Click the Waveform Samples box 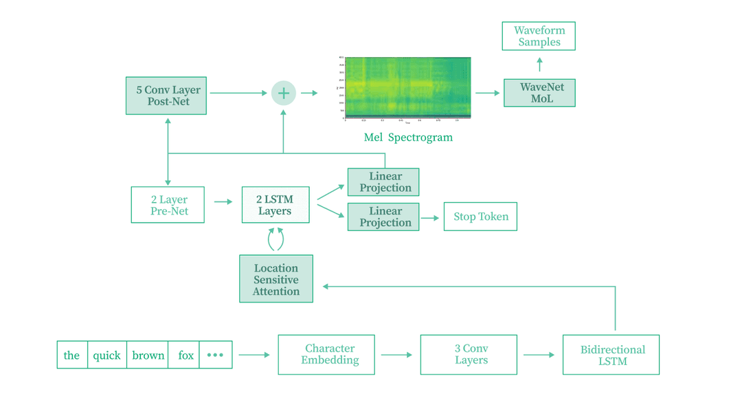(x=539, y=36)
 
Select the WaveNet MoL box (x=539, y=93)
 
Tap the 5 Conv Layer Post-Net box (x=166, y=96)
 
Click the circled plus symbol (x=284, y=93)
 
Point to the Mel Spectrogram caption (x=408, y=137)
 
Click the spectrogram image (x=407, y=87)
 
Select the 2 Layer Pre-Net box (x=168, y=205)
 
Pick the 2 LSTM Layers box (x=276, y=205)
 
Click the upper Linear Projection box (x=383, y=182)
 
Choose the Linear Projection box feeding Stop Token (x=383, y=217)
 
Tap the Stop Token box (x=480, y=217)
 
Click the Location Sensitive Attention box (x=276, y=279)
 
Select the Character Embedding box (x=326, y=355)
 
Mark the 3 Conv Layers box (x=469, y=355)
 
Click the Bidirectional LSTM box (x=611, y=355)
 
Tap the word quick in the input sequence (x=107, y=355)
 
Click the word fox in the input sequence (x=185, y=355)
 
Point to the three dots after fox (x=215, y=355)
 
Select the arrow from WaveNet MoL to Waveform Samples (x=539, y=65)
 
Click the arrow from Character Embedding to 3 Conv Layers (x=396, y=355)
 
